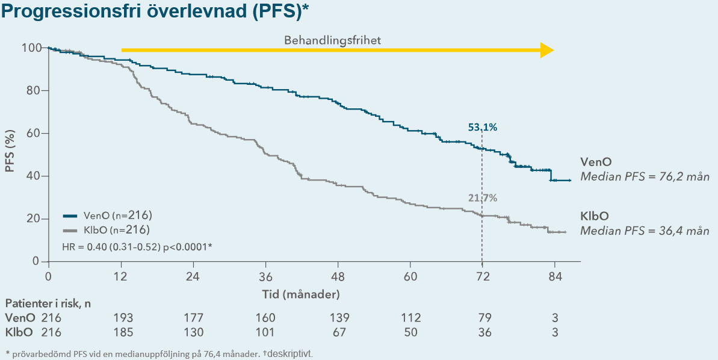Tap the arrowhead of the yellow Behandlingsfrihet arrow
coord(546,51)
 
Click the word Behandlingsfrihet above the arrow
coord(333,40)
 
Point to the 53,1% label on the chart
coord(483,127)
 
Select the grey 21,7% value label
coord(483,197)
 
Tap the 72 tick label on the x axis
coord(482,277)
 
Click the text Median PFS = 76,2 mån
coord(645,177)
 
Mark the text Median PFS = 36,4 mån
coord(645,231)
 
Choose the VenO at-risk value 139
coord(338,318)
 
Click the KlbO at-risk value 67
coord(338,332)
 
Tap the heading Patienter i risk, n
coord(48,303)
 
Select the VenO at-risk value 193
coord(122,318)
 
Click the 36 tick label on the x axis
coord(265,277)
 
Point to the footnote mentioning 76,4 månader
coord(159,353)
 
